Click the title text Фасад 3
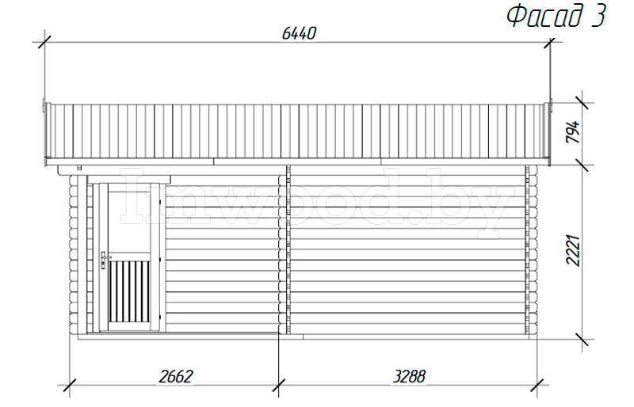tap(557, 16)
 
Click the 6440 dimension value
tap(299, 33)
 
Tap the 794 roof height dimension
tap(572, 131)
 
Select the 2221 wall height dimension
tap(572, 250)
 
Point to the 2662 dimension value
tap(176, 376)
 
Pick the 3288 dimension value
tap(409, 376)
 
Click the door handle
tap(104, 260)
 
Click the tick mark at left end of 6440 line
tap(44, 42)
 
